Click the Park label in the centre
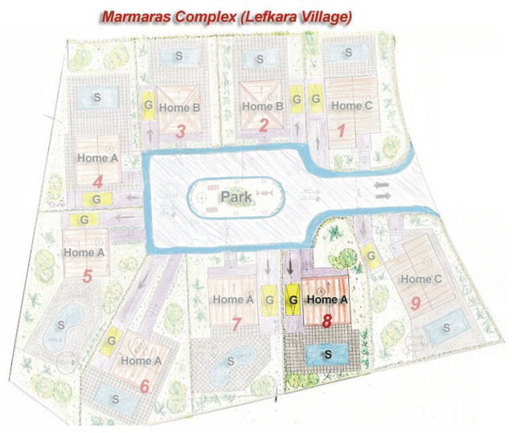[x=237, y=195]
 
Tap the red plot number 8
[x=326, y=321]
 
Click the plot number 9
[x=415, y=303]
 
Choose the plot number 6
[x=144, y=386]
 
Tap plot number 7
[x=236, y=324]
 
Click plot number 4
[x=98, y=181]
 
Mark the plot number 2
[x=262, y=125]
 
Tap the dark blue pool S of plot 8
[x=326, y=353]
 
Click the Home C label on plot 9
[x=421, y=279]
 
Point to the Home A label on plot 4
[x=98, y=158]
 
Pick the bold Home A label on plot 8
[x=328, y=300]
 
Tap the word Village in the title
[x=321, y=16]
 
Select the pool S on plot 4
[x=97, y=96]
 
